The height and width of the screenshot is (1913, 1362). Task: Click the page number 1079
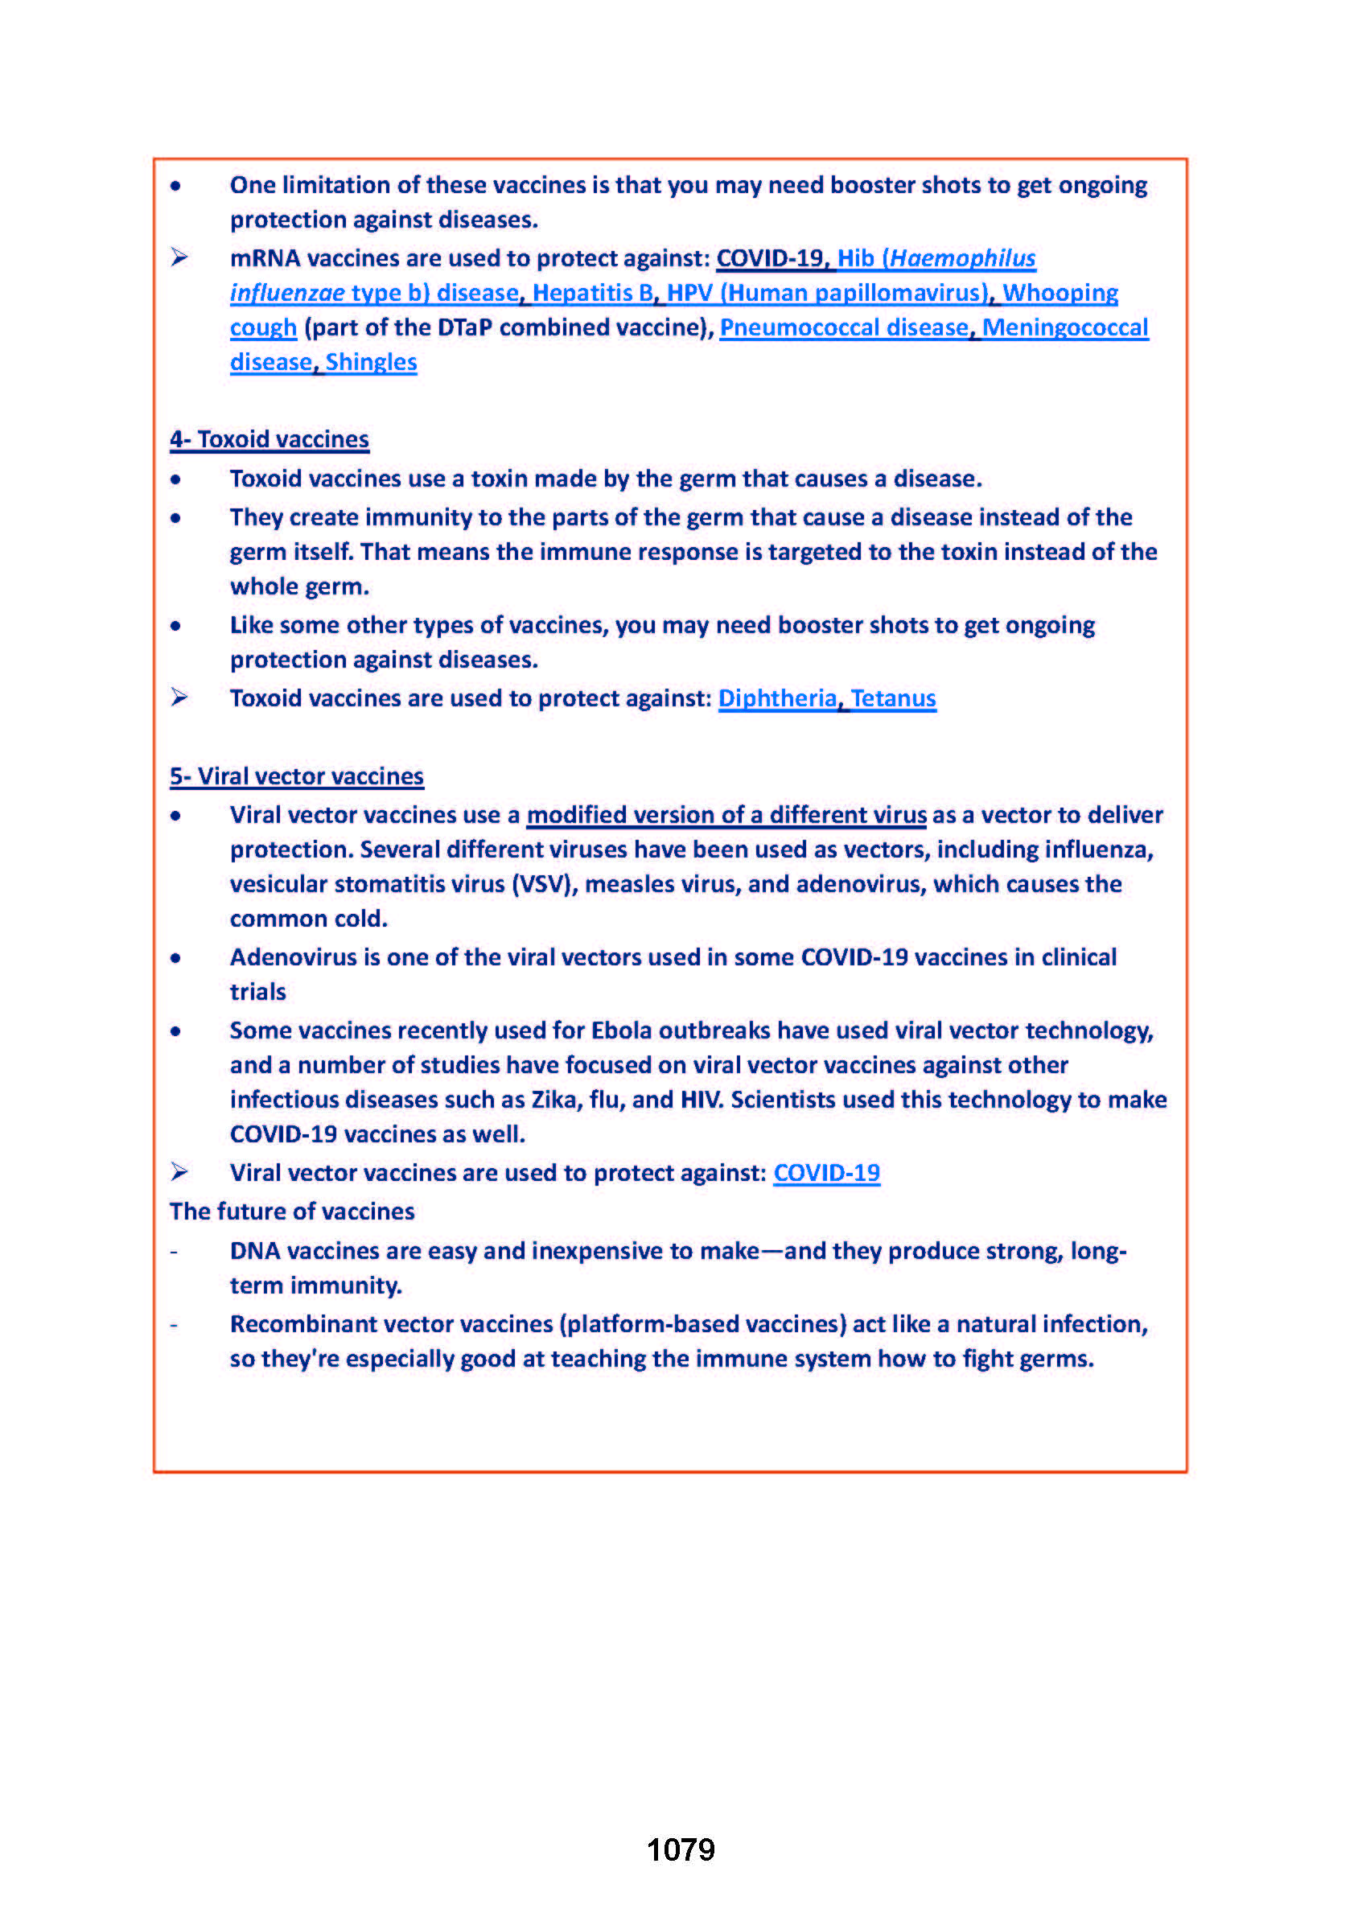coord(680,1849)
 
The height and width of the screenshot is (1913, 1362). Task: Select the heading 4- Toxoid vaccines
coord(270,439)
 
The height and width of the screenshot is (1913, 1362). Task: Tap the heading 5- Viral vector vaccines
coord(297,775)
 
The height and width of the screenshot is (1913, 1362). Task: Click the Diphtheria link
coord(777,697)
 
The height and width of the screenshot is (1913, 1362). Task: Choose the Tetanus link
coord(893,697)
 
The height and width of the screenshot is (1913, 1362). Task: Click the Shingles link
coord(371,361)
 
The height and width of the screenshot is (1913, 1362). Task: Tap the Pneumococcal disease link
coord(844,327)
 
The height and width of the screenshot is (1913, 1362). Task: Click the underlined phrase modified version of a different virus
coord(726,814)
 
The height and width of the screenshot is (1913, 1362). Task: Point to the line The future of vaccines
coord(292,1211)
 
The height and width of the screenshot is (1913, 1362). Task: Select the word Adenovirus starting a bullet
coord(294,957)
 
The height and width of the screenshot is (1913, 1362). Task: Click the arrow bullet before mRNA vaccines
coord(179,257)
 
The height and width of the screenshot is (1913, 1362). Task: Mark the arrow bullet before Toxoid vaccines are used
coord(179,697)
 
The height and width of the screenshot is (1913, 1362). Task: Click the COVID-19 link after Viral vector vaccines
coord(826,1172)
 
